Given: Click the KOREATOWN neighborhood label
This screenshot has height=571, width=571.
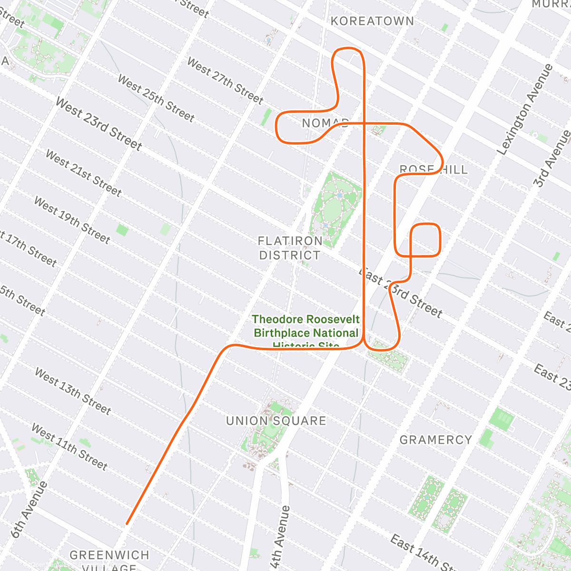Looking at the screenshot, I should coord(372,21).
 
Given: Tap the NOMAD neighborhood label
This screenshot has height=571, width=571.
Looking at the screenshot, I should coord(325,123).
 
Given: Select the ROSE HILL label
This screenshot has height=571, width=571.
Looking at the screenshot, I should coord(433,169).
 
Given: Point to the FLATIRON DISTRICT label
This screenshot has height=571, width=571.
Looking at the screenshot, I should coord(290,248).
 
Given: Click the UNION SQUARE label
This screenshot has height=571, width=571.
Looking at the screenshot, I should coord(276,421).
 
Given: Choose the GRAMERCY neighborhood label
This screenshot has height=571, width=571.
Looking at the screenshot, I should coord(435,440).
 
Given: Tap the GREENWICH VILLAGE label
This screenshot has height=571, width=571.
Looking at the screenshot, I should coord(109,559).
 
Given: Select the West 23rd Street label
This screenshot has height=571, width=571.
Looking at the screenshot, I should coord(98,123).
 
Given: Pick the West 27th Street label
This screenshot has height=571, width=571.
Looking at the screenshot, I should coord(225,80).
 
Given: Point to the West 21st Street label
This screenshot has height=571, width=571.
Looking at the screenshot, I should coord(83,172).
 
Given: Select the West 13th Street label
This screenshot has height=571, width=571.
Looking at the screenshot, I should coord(73,391).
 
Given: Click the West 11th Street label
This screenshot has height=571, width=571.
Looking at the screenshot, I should coord(69,446).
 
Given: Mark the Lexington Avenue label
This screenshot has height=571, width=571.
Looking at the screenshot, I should coord(525,109).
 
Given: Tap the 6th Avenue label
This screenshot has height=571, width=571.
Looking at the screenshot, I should coord(30,510).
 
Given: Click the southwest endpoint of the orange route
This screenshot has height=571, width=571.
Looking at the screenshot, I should coord(127,524).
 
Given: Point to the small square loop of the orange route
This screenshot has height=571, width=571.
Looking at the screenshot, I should coord(425,240).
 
